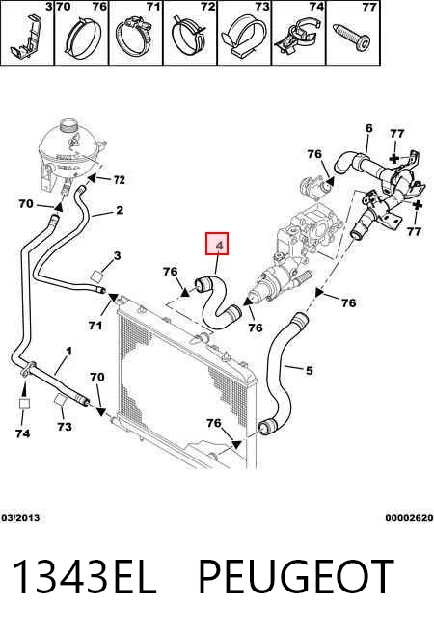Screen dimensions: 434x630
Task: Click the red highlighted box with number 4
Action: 217,244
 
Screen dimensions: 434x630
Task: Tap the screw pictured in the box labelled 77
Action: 352,38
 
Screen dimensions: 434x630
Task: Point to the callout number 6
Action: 368,128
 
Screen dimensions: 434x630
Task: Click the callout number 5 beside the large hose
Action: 309,370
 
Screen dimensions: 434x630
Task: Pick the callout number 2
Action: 120,210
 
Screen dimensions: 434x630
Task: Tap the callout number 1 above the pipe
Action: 68,352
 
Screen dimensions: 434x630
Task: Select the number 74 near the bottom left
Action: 22,433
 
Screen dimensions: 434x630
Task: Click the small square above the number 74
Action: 24,404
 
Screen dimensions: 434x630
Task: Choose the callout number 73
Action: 65,427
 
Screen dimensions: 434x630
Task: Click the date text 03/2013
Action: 20,518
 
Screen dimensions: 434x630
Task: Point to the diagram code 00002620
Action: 409,518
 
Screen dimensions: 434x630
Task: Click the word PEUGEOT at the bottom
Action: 296,577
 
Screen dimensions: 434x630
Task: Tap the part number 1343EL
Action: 84,577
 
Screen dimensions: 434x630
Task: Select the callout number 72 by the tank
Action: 119,179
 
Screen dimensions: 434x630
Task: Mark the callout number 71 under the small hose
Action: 95,325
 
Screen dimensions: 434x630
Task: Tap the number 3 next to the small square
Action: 117,255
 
